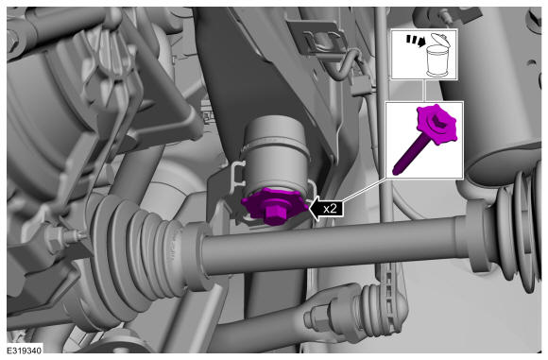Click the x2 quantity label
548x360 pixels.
(x=330, y=209)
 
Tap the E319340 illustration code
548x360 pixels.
(x=25, y=351)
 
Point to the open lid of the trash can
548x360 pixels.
(x=439, y=41)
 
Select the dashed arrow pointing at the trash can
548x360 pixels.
(x=415, y=41)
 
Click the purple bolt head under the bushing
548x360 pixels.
(x=274, y=214)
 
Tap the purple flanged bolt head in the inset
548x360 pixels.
(x=437, y=124)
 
